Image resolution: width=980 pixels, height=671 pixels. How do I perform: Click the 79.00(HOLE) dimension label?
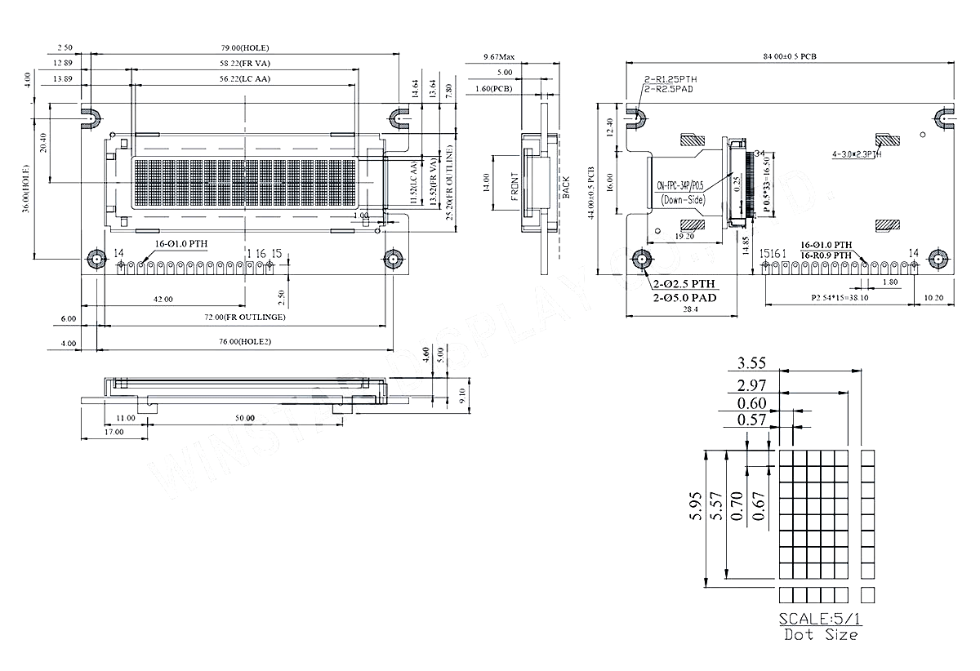(245, 48)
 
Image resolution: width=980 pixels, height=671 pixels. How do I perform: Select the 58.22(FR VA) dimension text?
(245, 64)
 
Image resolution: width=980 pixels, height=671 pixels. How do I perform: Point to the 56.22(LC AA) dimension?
(245, 79)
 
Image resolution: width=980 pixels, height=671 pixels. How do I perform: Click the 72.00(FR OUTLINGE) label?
(245, 316)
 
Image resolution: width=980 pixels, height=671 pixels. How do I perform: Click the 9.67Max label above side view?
(499, 57)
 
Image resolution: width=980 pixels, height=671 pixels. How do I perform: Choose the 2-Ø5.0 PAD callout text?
(684, 298)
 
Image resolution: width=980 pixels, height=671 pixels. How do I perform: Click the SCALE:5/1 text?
(819, 617)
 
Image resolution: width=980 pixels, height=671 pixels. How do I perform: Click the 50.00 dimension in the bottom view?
(245, 417)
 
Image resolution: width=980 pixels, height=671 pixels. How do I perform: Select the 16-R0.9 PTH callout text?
(826, 256)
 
